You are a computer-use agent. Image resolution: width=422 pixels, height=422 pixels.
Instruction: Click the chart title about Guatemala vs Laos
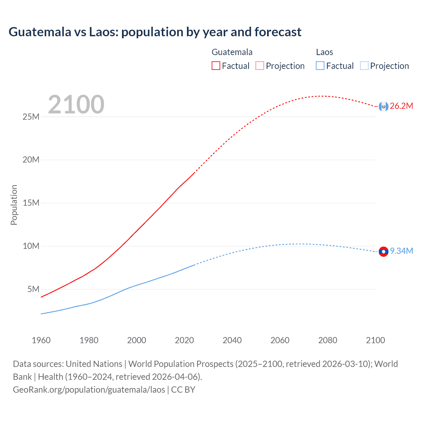155,32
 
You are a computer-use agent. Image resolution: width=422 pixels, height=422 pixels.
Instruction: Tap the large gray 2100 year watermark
76,105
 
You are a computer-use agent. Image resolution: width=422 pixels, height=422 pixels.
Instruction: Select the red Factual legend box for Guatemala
216,66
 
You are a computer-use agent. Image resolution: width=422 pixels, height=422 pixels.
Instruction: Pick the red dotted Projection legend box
260,66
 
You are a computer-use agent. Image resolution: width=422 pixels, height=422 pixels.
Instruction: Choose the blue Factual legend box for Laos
320,66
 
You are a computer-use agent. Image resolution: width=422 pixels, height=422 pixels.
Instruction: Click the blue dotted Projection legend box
364,66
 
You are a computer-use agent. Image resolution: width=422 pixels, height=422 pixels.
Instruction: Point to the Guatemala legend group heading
232,52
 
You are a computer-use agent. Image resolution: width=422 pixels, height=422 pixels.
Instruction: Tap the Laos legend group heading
324,52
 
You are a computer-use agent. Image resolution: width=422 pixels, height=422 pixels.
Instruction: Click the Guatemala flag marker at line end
383,106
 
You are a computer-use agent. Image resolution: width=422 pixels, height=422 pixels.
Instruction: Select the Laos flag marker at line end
383,252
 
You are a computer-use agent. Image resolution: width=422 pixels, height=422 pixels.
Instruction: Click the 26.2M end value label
401,106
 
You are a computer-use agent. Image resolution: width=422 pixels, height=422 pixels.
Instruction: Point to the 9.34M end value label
402,251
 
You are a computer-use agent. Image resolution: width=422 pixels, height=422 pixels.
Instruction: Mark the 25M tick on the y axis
31,117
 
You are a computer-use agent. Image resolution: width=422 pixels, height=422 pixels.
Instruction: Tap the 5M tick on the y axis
33,289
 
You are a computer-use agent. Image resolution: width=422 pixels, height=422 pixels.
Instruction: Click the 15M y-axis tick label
31,203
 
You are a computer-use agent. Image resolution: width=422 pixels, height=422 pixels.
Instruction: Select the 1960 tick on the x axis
41,340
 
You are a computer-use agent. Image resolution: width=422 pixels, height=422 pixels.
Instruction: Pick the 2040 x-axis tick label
232,340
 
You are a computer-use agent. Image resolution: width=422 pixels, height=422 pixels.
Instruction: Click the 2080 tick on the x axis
328,340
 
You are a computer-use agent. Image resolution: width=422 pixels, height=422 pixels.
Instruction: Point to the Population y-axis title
14,205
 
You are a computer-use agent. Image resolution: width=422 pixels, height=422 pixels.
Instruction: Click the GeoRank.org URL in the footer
89,390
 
